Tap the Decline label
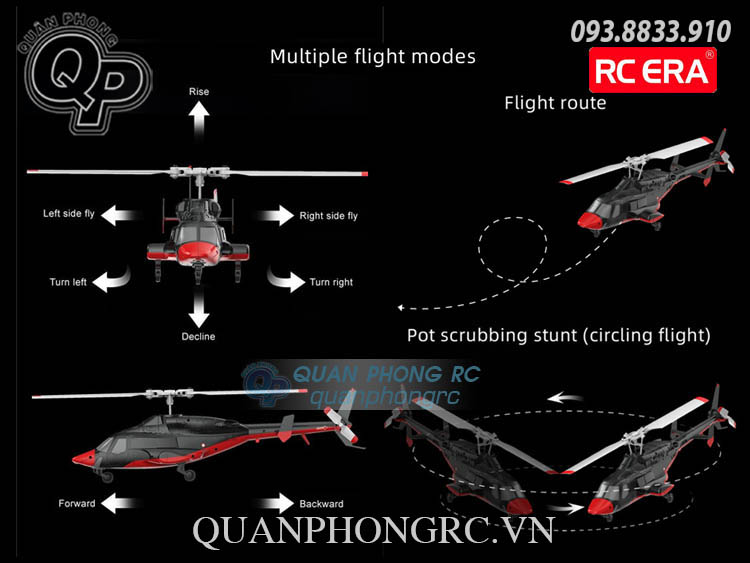tap(198, 336)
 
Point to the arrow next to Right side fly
tap(269, 215)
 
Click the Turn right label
tap(331, 282)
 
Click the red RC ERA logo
tap(653, 70)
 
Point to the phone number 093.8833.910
tap(651, 30)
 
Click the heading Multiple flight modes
tap(373, 56)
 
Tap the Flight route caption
tap(555, 102)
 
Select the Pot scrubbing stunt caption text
tap(558, 335)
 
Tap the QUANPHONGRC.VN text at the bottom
tap(373, 530)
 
